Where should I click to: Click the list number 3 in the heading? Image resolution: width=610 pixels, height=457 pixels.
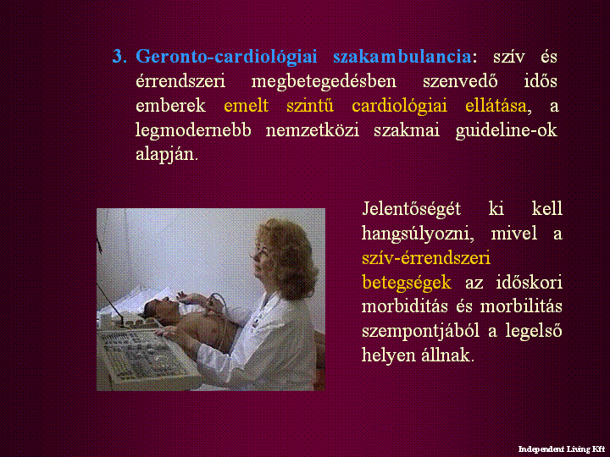(x=119, y=57)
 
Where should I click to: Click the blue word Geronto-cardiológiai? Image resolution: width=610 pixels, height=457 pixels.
(x=226, y=58)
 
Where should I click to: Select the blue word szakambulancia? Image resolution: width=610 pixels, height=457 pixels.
(x=402, y=57)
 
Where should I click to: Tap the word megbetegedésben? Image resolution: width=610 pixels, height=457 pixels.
(x=324, y=82)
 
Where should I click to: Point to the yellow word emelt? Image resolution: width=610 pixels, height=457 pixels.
(x=247, y=106)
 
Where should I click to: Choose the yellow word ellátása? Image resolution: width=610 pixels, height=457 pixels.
(x=496, y=106)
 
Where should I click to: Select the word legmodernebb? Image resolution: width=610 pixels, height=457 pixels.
(x=193, y=130)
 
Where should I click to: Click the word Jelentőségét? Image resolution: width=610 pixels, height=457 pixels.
(x=412, y=209)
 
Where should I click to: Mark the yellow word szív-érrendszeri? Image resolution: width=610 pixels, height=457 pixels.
(x=426, y=258)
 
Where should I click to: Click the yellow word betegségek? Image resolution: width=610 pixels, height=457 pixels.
(x=407, y=283)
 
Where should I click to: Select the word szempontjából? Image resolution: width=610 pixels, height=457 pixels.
(x=420, y=332)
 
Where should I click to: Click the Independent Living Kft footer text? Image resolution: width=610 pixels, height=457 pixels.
(x=562, y=449)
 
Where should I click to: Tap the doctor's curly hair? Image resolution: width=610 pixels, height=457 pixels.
(x=289, y=256)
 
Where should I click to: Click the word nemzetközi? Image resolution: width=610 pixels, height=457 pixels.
(x=313, y=130)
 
